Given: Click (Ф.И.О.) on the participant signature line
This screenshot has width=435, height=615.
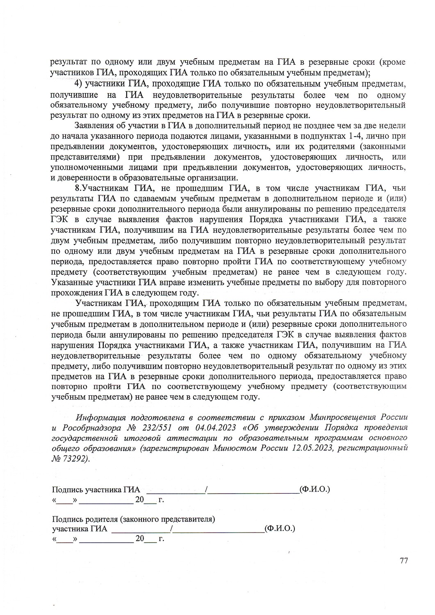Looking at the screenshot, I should (x=315, y=489).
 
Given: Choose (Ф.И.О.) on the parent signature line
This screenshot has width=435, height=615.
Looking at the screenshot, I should (x=280, y=528).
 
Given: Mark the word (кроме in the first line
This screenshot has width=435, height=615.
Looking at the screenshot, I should (x=392, y=63).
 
